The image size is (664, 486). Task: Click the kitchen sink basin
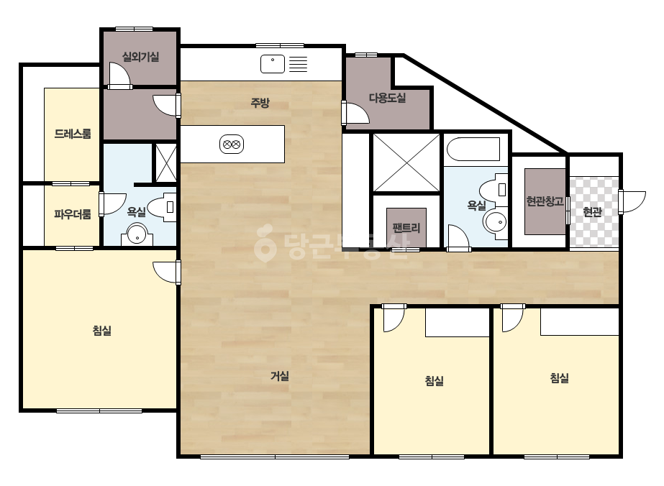pos(273,64)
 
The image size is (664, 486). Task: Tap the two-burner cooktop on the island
pos(232,145)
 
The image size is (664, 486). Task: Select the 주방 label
pos(260,103)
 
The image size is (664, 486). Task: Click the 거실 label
pos(280,376)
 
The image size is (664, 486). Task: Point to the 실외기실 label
pos(140,57)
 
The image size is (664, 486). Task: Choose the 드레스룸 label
pos(73,134)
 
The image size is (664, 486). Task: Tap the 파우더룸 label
pos(73,214)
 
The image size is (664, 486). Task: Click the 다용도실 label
pos(388,98)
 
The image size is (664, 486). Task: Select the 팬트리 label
pos(406,228)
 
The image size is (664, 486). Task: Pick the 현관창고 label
pos(545,201)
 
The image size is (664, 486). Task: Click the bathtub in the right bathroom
pos(473,149)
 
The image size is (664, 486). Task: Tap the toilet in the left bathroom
pos(163,208)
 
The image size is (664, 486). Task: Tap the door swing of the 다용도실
pos(357,112)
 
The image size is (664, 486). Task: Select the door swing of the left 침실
pos(165,272)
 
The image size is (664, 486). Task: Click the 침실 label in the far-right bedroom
pos(559,378)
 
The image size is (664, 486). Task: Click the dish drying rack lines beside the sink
pos(298,64)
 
